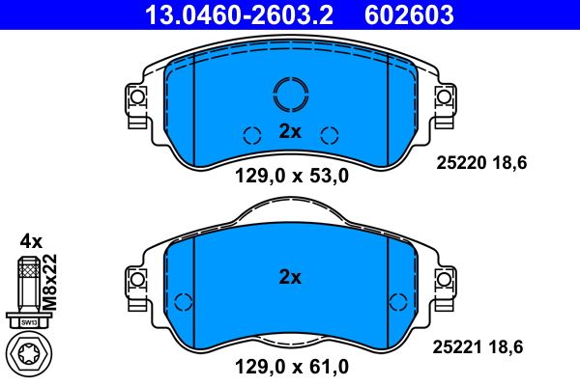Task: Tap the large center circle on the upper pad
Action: click(290, 94)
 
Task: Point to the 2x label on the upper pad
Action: click(290, 132)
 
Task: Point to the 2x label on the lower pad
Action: click(290, 277)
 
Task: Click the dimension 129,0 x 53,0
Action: click(290, 176)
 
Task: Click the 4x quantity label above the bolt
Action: click(31, 241)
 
